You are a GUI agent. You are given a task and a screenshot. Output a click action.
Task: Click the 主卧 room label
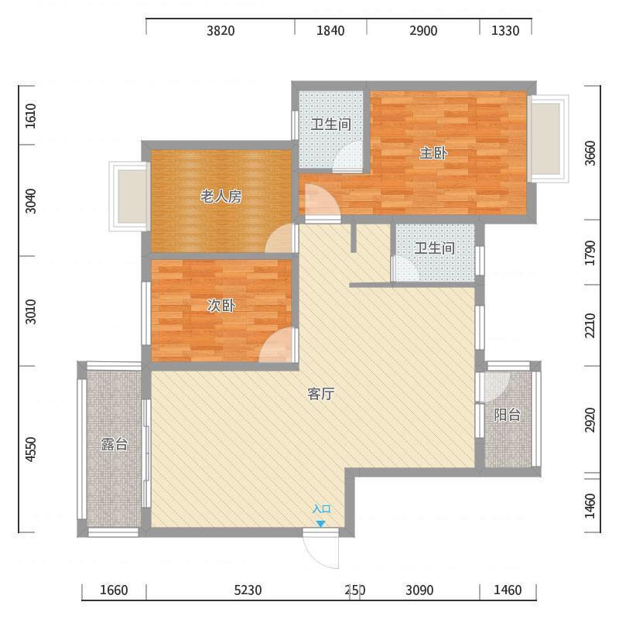(x=433, y=153)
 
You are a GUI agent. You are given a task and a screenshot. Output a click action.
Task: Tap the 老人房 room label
(x=221, y=197)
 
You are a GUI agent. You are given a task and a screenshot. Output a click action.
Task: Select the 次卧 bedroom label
(x=221, y=306)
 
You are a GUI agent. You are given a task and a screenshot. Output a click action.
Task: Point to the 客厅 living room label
(x=321, y=394)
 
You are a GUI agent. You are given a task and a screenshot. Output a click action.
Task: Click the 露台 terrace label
(x=114, y=444)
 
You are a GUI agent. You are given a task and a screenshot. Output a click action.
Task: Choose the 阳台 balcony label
(x=508, y=415)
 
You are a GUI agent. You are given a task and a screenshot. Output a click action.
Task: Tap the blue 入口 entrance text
(x=321, y=509)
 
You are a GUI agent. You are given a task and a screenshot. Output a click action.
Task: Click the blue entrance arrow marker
(x=320, y=524)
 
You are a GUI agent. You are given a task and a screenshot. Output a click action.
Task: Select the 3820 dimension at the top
(x=221, y=31)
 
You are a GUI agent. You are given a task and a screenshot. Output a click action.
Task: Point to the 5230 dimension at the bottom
(x=248, y=590)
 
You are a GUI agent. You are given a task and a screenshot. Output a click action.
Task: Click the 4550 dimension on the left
(x=31, y=450)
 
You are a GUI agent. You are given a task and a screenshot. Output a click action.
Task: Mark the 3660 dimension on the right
(x=590, y=153)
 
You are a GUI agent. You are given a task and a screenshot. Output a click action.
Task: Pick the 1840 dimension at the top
(x=330, y=31)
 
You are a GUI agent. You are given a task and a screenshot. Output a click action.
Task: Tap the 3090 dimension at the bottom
(x=419, y=590)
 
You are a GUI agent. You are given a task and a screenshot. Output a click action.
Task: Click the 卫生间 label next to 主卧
(x=331, y=125)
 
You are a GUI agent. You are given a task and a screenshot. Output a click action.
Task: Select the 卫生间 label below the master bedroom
(x=435, y=248)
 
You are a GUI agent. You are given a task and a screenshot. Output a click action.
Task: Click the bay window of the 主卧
(x=549, y=139)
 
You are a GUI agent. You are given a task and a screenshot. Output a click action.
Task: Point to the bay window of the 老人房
(x=129, y=197)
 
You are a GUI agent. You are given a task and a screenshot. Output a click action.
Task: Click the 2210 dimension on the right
(x=590, y=325)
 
